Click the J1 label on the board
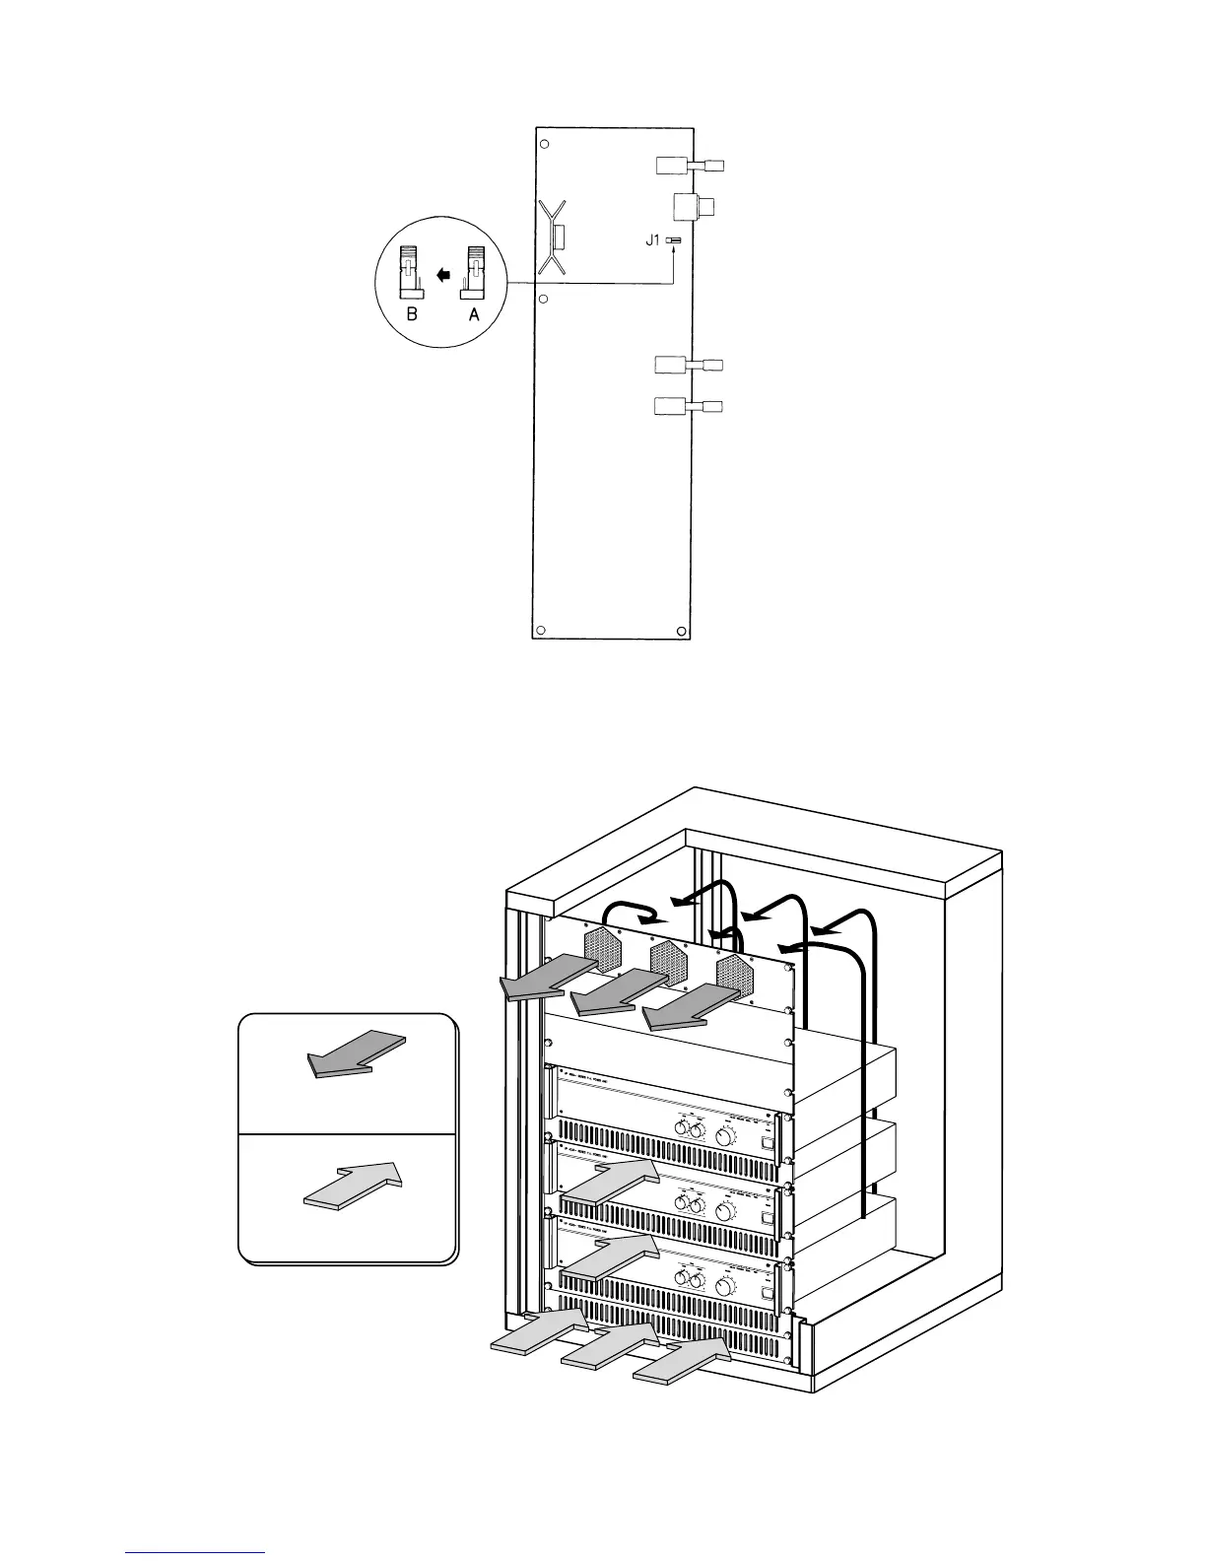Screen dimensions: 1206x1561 pos(653,240)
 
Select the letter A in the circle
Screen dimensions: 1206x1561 pos(474,314)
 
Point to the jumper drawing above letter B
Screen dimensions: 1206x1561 pos(411,273)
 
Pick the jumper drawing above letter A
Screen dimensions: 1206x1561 pos(474,273)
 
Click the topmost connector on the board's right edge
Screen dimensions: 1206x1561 pos(689,166)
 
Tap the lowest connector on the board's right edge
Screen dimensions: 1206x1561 pos(689,406)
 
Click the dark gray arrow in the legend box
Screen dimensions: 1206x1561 pos(356,1053)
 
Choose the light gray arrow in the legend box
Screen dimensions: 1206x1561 pos(353,1186)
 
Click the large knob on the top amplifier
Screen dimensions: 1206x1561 pos(725,1136)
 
